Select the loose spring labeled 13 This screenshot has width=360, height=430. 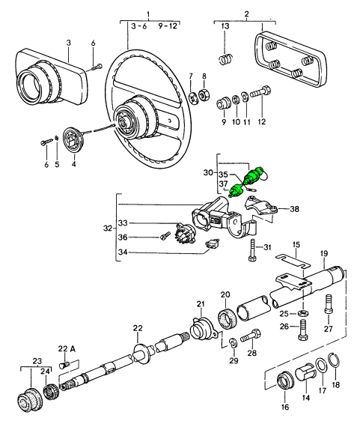[x=226, y=59]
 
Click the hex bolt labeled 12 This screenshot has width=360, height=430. [x=260, y=91]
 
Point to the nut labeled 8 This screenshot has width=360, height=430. [x=204, y=95]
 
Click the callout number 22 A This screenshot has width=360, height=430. [x=67, y=348]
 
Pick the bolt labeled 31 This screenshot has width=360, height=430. [x=252, y=250]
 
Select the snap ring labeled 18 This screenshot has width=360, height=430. [x=335, y=360]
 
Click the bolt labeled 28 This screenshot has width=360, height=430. [x=251, y=336]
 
